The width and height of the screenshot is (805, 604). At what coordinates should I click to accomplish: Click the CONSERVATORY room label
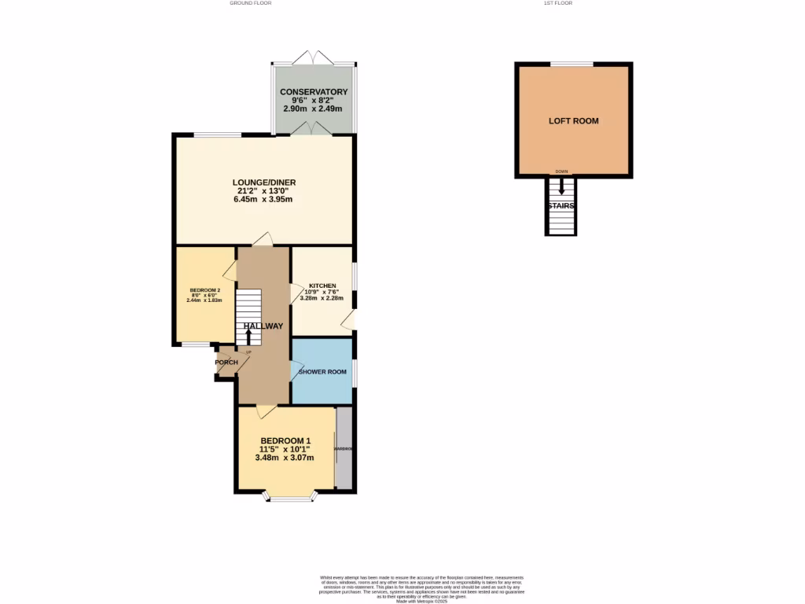click(x=314, y=92)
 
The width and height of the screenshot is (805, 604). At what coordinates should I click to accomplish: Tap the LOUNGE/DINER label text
click(x=263, y=182)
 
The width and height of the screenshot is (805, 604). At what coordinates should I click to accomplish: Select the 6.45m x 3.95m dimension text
click(x=263, y=200)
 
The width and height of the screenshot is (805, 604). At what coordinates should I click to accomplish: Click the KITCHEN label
click(x=322, y=285)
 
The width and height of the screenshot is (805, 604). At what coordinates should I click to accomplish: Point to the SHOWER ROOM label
click(x=322, y=372)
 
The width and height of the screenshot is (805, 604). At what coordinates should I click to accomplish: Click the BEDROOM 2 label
click(x=204, y=290)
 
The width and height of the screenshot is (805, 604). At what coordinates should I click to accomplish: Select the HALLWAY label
click(x=263, y=326)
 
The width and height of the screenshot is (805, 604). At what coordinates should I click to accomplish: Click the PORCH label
click(x=226, y=363)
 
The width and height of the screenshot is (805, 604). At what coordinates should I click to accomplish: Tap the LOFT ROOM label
click(x=573, y=121)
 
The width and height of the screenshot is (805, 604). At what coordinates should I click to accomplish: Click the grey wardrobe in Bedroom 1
click(x=344, y=448)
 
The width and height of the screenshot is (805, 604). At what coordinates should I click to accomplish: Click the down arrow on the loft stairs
click(x=561, y=186)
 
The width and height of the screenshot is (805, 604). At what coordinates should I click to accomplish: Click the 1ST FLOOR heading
click(x=557, y=3)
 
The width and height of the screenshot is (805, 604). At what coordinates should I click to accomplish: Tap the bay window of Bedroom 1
click(x=291, y=495)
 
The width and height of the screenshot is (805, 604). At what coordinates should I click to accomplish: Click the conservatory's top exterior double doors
click(x=313, y=57)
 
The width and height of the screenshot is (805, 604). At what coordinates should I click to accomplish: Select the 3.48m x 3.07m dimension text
click(x=285, y=458)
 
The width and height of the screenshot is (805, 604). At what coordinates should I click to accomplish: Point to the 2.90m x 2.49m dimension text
click(x=314, y=109)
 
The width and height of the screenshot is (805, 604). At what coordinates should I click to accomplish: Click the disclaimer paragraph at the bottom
click(x=422, y=589)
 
